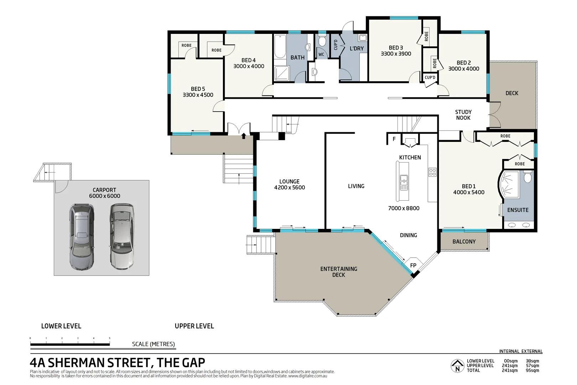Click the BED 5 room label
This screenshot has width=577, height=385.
(x=198, y=89)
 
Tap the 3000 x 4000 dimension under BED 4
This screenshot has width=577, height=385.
(x=249, y=66)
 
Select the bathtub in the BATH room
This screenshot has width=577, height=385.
(x=280, y=46)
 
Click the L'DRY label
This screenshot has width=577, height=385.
(x=357, y=48)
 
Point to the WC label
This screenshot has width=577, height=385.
(x=321, y=55)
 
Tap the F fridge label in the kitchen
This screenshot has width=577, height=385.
(x=394, y=139)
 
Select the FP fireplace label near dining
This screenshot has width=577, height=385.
(x=413, y=265)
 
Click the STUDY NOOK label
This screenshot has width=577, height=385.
(x=463, y=115)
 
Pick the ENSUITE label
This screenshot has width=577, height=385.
(x=518, y=210)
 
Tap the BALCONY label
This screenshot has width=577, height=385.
(x=464, y=241)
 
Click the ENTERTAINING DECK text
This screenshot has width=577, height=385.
(x=338, y=272)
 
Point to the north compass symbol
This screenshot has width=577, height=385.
(x=457, y=366)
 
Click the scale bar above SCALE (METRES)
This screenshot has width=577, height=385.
(x=70, y=344)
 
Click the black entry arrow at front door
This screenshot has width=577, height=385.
(x=244, y=135)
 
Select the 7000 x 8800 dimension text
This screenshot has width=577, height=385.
(x=404, y=208)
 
